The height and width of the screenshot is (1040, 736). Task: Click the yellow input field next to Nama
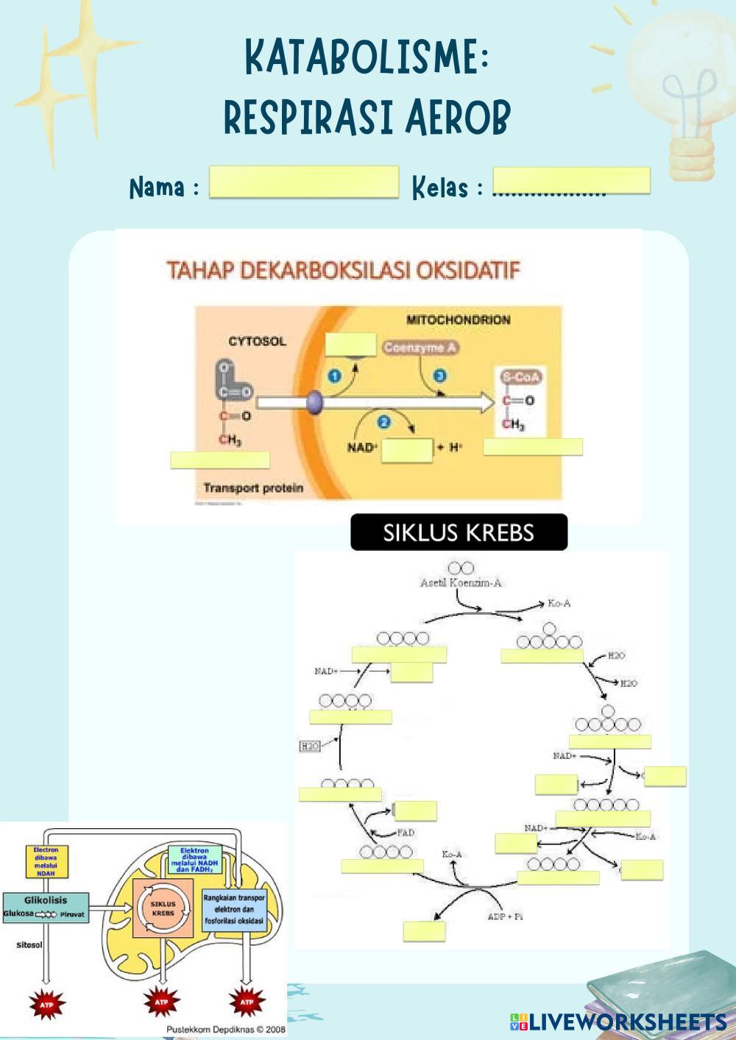click(x=303, y=182)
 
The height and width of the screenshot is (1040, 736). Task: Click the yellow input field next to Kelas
click(x=571, y=180)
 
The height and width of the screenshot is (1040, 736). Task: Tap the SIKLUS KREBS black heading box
click(x=459, y=533)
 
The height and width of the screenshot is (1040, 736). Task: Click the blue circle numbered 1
click(x=333, y=376)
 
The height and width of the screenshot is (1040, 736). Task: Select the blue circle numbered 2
click(x=383, y=421)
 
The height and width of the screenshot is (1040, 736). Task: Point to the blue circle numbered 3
click(x=440, y=376)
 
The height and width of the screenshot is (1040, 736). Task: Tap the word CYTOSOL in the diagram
click(x=257, y=342)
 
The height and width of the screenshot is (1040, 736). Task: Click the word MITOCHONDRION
click(x=458, y=320)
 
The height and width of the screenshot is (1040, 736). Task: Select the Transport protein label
click(x=253, y=488)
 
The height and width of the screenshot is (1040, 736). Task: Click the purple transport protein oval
click(x=314, y=402)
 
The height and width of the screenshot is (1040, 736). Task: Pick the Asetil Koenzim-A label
click(x=461, y=583)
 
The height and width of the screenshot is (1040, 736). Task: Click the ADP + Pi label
click(x=505, y=916)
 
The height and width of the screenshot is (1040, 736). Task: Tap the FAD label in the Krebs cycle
click(x=406, y=833)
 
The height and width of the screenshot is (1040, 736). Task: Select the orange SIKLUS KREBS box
click(x=163, y=908)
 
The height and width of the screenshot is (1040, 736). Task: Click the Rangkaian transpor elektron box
click(x=234, y=909)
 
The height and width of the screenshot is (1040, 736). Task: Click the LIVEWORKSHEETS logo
click(x=618, y=1021)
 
